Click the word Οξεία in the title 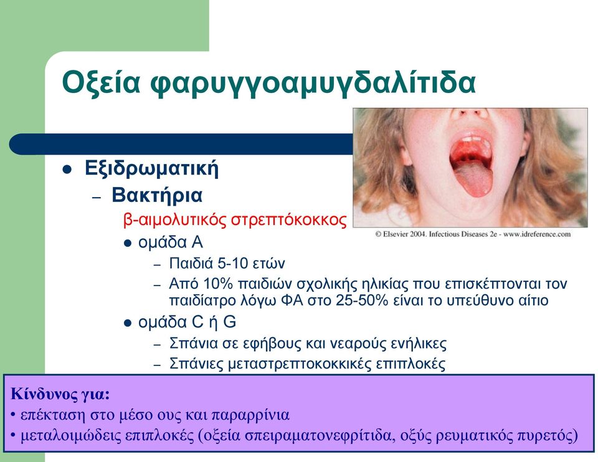pyautogui.click(x=102, y=82)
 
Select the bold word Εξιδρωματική pyautogui.click(x=152, y=168)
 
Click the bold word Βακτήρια pyautogui.click(x=157, y=195)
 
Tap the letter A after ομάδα pyautogui.click(x=197, y=242)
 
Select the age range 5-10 pyautogui.click(x=232, y=264)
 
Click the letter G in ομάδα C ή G pyautogui.click(x=230, y=322)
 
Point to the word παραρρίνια pyautogui.click(x=250, y=415)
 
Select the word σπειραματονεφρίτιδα pyautogui.click(x=318, y=436)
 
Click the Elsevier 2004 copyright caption pyautogui.click(x=473, y=234)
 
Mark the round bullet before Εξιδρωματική pyautogui.click(x=67, y=169)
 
